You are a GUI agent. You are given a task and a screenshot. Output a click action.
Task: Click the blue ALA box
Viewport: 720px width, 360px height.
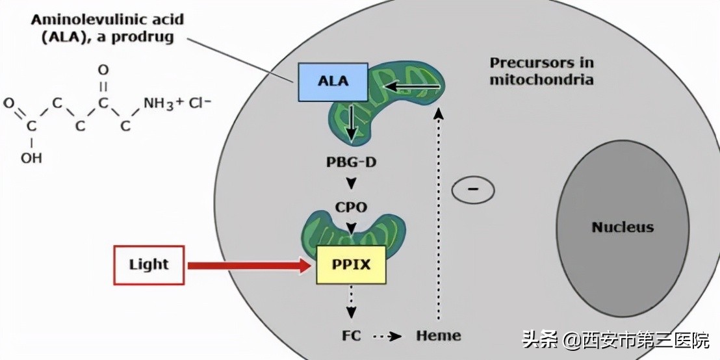pos(333,82)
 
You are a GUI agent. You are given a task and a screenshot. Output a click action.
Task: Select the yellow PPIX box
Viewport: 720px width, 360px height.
pos(351,264)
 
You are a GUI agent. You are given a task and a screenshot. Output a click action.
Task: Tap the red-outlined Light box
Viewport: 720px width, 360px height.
pos(149,264)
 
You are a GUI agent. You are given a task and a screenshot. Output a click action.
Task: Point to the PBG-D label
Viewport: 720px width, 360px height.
pos(351,162)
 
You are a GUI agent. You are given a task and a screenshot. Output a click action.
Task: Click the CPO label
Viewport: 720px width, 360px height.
pos(351,208)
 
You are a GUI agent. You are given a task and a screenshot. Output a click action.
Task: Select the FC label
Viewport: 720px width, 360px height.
pos(350,336)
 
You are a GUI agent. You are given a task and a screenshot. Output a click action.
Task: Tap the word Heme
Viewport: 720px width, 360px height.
pos(439,336)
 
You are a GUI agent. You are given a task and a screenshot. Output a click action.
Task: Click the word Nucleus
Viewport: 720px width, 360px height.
pos(622,227)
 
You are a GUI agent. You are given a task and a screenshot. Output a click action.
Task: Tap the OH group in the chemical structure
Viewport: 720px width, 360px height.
pos(31,157)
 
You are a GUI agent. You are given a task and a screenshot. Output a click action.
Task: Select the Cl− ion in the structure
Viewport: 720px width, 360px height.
pos(200,103)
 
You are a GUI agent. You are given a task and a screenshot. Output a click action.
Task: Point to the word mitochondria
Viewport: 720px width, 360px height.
pos(541,80)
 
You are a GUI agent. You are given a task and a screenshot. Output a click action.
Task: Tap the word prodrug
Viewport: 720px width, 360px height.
pos(143,36)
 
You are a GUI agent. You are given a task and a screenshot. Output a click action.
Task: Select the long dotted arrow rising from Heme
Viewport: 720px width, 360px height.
pos(439,214)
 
